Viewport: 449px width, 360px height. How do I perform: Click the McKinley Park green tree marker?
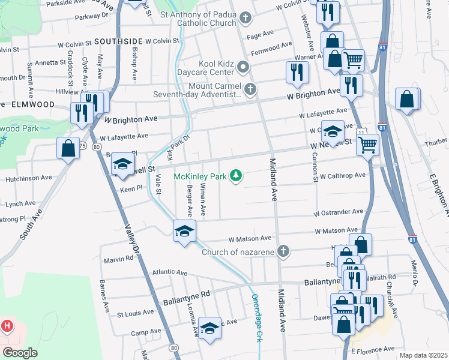pos(238,175)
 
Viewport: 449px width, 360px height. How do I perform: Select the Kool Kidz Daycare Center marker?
pos(243,67)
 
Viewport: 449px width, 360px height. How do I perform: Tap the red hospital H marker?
pos(7,326)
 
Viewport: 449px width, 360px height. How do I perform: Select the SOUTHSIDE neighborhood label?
pos(118,41)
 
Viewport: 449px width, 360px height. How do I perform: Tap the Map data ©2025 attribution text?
pos(423,355)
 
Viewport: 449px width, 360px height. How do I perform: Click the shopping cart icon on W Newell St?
pos(368,144)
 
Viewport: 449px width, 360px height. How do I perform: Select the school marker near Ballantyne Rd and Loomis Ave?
pos(209,328)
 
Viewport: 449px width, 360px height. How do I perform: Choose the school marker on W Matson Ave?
pos(184,231)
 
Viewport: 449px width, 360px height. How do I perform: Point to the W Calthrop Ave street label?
pos(342,176)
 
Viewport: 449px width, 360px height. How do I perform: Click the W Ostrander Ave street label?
pos(338,212)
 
